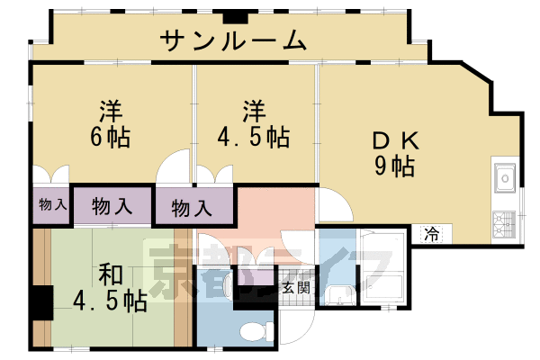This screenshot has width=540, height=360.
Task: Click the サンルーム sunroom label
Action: (x=234, y=40)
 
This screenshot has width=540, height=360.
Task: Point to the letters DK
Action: (x=395, y=141)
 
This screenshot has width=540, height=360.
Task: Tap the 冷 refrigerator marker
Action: (x=432, y=235)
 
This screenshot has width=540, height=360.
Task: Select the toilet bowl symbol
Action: (x=255, y=330)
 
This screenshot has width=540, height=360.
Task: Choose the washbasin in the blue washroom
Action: (x=337, y=294)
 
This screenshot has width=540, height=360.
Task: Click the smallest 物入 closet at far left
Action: (x=52, y=204)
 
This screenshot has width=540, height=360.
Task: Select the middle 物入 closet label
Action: (x=112, y=205)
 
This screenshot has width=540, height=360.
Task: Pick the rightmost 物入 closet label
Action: (x=192, y=209)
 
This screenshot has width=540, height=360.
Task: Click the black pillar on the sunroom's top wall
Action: (x=236, y=15)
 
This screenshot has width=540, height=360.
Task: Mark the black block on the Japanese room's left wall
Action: (x=40, y=301)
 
